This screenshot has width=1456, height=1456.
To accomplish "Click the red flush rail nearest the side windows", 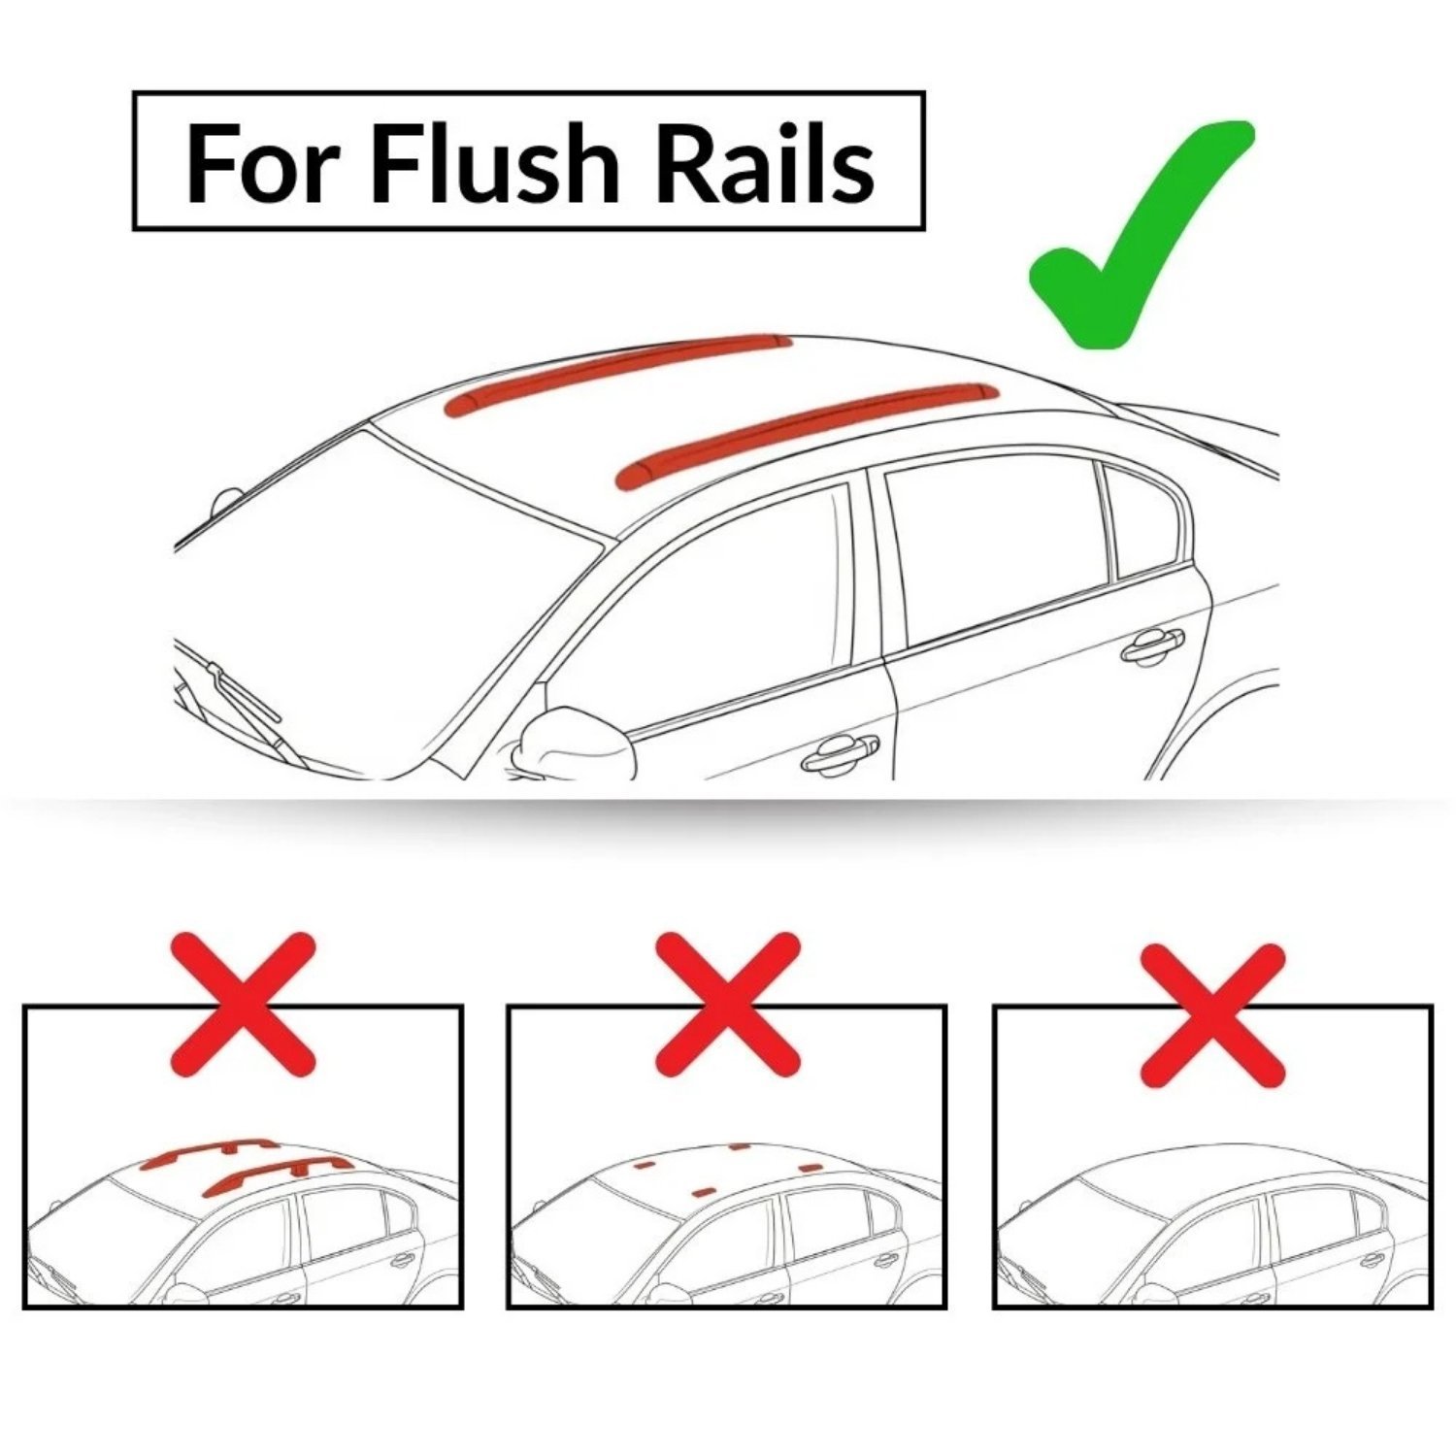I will tap(806, 432).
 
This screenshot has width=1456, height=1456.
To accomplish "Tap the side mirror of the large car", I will tap(568, 743).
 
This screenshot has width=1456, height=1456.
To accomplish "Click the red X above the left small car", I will tap(244, 1005).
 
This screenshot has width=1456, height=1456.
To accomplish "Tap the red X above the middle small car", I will tap(728, 1005).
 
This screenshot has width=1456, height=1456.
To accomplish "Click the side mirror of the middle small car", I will tap(661, 1292).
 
